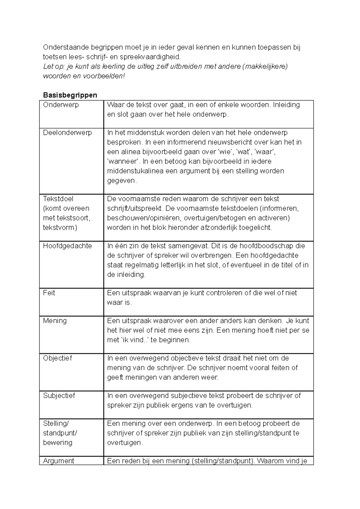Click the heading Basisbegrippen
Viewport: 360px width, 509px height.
[70, 95]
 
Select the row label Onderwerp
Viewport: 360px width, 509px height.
[61, 105]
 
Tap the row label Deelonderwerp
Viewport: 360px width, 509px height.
[67, 133]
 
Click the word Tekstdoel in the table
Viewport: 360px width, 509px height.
[58, 199]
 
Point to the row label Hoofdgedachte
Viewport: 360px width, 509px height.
[67, 246]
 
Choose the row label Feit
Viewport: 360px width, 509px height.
[49, 293]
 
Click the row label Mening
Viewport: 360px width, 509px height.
[55, 321]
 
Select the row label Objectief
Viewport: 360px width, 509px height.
[57, 358]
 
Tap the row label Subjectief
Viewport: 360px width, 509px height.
[59, 396]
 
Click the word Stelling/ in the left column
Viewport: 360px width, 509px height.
[56, 424]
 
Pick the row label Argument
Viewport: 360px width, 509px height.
[58, 461]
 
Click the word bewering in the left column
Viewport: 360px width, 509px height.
[58, 443]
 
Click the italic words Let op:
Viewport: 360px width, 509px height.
[52, 66]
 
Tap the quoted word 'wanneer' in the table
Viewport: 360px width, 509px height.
[123, 162]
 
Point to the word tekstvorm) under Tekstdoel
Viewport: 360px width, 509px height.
[60, 228]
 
